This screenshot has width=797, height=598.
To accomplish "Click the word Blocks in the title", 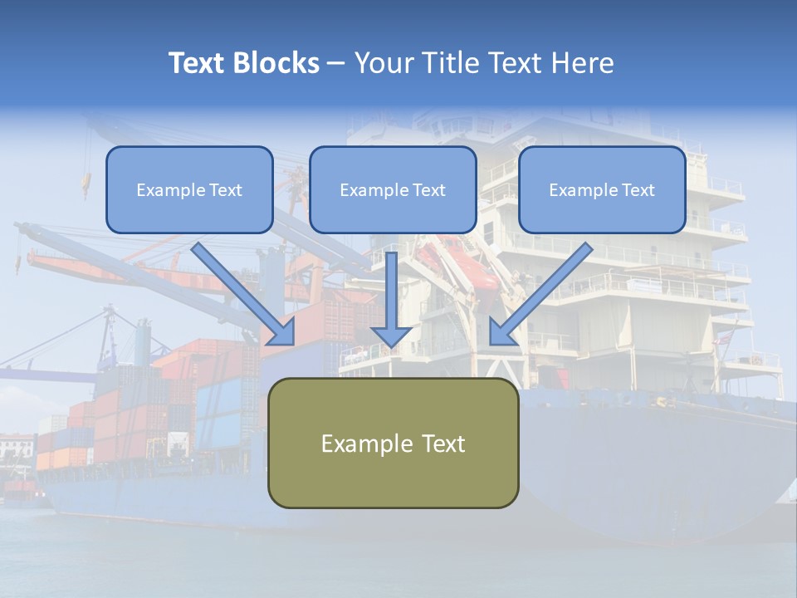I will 277,63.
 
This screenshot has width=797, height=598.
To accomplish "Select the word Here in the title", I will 583,63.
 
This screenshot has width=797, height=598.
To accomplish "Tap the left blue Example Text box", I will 189,190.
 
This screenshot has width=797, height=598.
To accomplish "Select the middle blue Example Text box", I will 393,190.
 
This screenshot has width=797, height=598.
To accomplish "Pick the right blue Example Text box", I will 602,190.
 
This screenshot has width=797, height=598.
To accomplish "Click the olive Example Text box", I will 393,443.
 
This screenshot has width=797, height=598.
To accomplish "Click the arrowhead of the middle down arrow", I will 391,336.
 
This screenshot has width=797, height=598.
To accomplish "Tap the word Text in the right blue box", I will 638,190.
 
